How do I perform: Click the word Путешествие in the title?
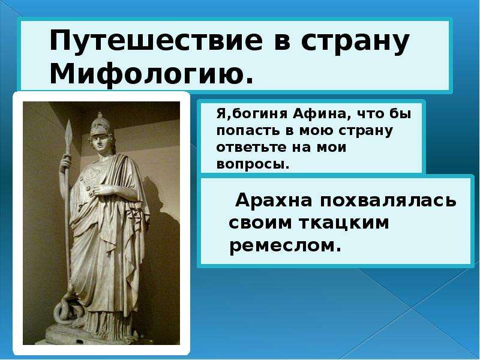tap(156, 41)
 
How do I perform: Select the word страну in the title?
tap(355, 43)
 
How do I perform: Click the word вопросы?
tap(252, 164)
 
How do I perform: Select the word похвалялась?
tap(388, 201)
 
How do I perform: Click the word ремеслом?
tap(285, 245)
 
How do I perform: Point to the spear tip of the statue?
tap(68, 131)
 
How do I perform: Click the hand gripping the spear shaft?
tap(65, 163)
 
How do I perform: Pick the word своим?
tap(260, 223)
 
